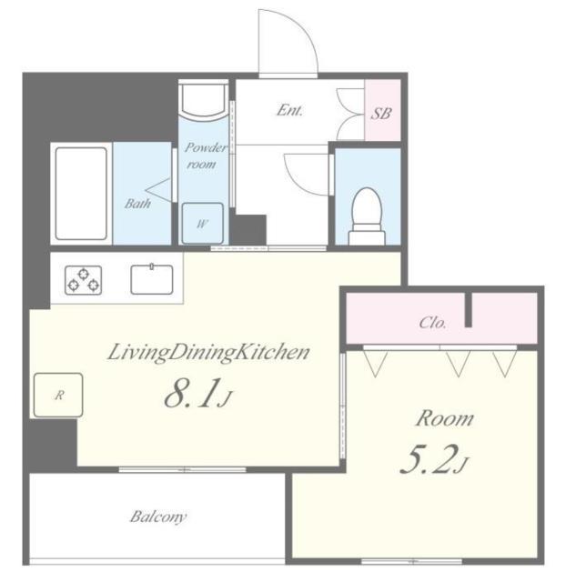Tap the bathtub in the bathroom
[x=80, y=193]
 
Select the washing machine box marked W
[x=201, y=223]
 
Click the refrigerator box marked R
[x=57, y=395]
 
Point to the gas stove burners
[x=83, y=280]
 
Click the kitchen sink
[x=151, y=279]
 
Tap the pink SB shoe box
[x=381, y=113]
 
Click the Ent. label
[x=289, y=112]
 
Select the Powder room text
[x=201, y=156]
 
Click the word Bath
[x=136, y=204]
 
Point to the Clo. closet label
[x=431, y=322]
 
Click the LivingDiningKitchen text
[x=208, y=353]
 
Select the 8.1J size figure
[x=198, y=396]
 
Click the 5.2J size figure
[x=432, y=463]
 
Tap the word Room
[x=444, y=419]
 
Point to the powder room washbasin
[x=202, y=100]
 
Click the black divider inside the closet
[x=470, y=310]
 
